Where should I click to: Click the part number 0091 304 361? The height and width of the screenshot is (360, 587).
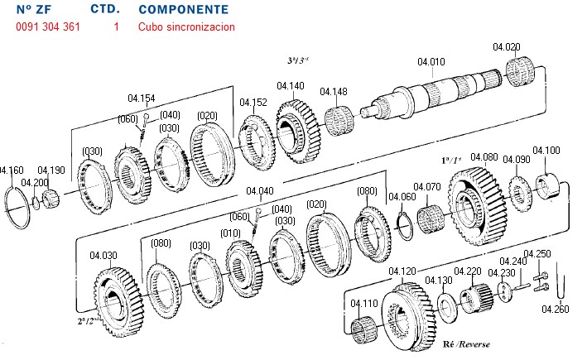[x=48, y=27]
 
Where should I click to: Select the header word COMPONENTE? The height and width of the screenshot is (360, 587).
[x=184, y=10]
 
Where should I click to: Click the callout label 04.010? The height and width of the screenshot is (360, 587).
[x=431, y=62]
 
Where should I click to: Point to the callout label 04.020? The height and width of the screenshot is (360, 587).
[x=507, y=46]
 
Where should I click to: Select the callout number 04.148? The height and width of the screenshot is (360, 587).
[x=334, y=91]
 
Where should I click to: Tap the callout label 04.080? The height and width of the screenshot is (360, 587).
[x=484, y=157]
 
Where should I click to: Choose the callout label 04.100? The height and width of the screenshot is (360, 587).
[x=546, y=151]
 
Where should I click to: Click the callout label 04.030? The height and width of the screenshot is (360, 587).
[x=104, y=256]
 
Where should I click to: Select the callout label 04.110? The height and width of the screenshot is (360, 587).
[x=363, y=303]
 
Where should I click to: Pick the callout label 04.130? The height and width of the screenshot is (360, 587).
[x=439, y=281]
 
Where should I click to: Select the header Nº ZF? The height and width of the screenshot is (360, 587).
[x=35, y=10]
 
